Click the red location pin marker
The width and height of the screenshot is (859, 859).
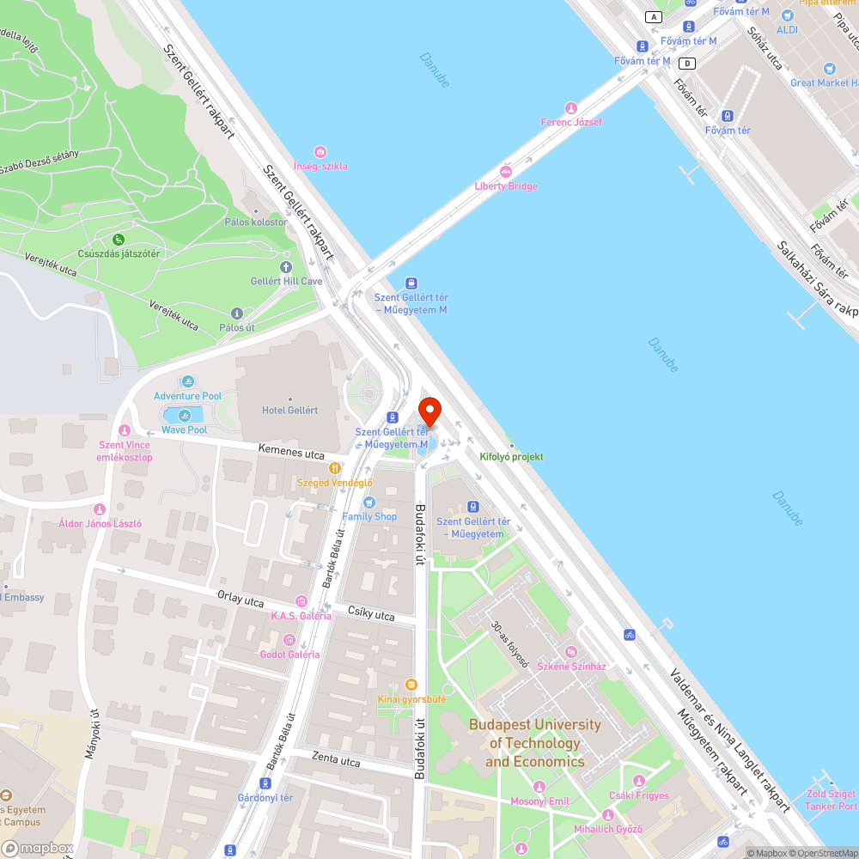429,410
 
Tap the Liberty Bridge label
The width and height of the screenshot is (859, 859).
506,186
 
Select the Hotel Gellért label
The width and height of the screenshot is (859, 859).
289,410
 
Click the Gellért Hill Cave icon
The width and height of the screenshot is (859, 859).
287,267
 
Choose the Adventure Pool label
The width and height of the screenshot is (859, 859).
188,396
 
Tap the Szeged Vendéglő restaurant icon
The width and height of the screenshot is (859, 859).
335,469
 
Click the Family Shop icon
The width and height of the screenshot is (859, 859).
369,503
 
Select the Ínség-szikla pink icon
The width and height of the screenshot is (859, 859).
320,152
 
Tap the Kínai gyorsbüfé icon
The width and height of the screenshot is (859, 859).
411,685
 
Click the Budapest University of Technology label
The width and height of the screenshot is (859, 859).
534,743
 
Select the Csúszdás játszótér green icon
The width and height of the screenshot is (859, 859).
118,239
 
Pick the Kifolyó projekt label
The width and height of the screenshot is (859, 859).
511,457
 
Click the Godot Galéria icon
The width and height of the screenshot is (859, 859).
289,640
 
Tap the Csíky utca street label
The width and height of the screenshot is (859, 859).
372,615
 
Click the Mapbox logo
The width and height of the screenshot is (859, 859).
38,848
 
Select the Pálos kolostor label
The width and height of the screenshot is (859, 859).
255,222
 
